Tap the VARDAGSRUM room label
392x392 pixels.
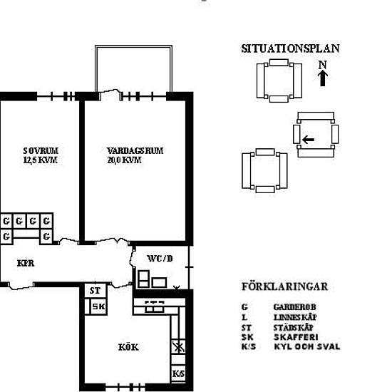tap(135, 151)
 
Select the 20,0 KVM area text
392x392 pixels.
tap(124, 160)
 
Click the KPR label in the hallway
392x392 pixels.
tap(26, 262)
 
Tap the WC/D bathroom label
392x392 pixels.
tap(159, 258)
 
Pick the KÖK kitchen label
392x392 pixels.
tap(128, 348)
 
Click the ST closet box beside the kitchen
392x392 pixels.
tap(95, 291)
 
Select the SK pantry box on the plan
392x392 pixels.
tap(98, 306)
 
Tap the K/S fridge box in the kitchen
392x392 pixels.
tap(177, 373)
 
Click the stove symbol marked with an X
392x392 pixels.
tap(177, 348)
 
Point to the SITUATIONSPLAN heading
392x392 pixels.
tap(290, 49)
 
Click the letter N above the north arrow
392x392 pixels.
tap(322, 65)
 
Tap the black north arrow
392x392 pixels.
tap(322, 78)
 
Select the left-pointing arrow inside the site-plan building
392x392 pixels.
tap(307, 139)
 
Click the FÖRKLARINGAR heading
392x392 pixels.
tap(284, 287)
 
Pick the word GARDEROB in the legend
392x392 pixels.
tap(290, 306)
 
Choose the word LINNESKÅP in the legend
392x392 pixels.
tap(294, 316)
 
